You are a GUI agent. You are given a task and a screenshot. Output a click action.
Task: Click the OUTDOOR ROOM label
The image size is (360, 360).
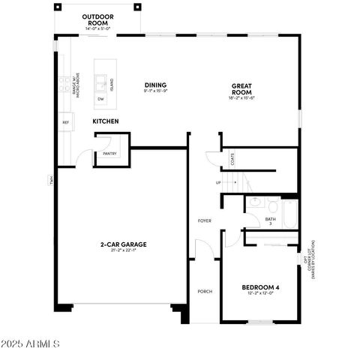(x=97, y=18)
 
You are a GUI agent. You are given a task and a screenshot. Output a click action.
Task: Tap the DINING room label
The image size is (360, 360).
(x=155, y=85)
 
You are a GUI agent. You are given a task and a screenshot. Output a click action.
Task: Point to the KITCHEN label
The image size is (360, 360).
(x=106, y=121)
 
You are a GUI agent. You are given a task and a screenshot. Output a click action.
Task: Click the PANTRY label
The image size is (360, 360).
(x=109, y=154)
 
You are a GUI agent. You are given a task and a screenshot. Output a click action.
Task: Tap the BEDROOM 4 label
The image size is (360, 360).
(x=260, y=287)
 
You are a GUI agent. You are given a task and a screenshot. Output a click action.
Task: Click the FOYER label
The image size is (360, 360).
(x=204, y=220)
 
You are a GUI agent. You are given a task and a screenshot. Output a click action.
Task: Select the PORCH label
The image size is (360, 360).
(x=204, y=291)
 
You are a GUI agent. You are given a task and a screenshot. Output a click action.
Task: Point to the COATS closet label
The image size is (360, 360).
(x=232, y=159)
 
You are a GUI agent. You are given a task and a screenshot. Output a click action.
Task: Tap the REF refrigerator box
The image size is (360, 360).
(x=65, y=122)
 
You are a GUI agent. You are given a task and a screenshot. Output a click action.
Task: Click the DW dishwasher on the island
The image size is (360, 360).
(x=100, y=98)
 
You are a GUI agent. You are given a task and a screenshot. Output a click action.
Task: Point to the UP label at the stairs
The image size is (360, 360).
(x=218, y=182)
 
